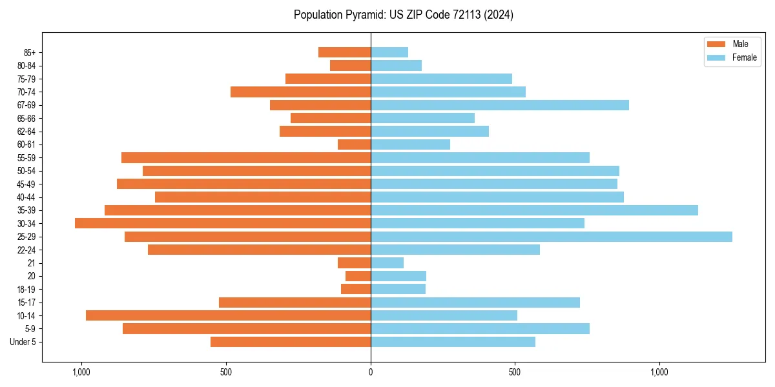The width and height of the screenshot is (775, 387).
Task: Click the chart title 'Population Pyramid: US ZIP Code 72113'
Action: [x=403, y=15]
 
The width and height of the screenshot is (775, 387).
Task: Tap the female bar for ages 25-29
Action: [x=551, y=237]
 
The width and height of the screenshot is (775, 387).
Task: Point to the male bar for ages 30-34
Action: [x=223, y=223]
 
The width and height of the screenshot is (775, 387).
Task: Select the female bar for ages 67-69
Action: [x=499, y=105]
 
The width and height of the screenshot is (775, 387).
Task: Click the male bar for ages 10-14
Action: [x=228, y=315]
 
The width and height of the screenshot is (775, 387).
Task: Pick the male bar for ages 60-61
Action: [x=354, y=144]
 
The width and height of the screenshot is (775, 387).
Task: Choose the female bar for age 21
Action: [x=387, y=263]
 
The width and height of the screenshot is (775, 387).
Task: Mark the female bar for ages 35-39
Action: [x=534, y=210]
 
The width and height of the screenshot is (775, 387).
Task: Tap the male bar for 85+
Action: [x=344, y=52]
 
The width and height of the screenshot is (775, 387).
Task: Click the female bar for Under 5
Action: [x=453, y=342]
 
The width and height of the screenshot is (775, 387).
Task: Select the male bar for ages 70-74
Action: [x=300, y=92]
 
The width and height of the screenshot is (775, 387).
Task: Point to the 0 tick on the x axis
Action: [x=371, y=372]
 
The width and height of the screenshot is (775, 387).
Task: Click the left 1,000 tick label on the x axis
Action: [x=81, y=372]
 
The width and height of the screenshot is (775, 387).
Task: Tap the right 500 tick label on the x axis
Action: [x=515, y=372]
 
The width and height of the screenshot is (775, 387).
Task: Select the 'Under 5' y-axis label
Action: [x=23, y=342]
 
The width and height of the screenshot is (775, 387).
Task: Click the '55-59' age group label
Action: [x=26, y=158]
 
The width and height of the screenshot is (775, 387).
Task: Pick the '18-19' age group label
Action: [x=26, y=290]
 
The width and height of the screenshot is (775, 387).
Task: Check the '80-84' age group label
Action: [x=26, y=66]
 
